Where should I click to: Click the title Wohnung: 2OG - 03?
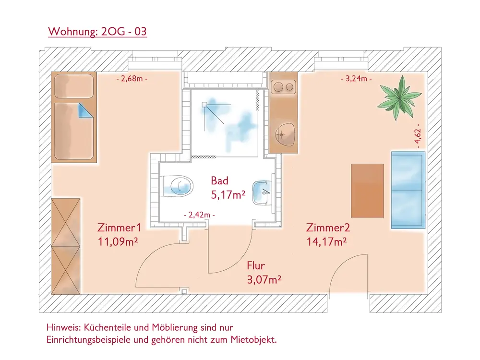click(x=97, y=32)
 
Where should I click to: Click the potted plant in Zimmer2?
click(x=397, y=99)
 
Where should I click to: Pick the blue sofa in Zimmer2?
click(x=408, y=190)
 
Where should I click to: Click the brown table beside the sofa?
click(x=368, y=191)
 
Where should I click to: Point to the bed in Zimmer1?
click(x=74, y=118)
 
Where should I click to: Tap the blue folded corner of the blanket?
click(x=86, y=112)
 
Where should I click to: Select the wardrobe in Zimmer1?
click(x=66, y=246)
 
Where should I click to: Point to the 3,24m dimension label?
click(x=356, y=78)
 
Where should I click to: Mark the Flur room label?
click(x=256, y=265)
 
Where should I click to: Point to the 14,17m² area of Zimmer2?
click(x=327, y=241)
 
